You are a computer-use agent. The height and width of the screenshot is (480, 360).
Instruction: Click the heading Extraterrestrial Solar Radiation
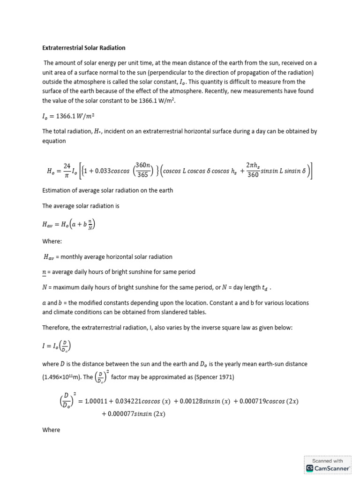point(84,48)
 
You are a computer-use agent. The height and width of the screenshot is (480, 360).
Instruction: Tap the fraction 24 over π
point(67,170)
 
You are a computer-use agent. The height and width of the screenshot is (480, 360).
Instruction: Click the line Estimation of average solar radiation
point(107,190)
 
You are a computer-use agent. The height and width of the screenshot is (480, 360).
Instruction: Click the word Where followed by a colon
point(52,241)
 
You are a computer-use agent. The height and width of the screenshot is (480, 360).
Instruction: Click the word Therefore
point(58,328)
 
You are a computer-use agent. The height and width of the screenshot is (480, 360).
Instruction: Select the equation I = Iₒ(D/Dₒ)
point(58,347)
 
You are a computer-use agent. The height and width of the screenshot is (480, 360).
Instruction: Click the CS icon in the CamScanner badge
point(310,468)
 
